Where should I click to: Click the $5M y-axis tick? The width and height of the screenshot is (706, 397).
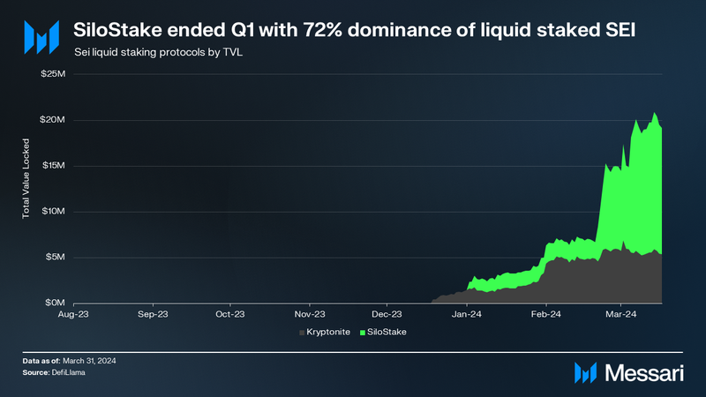pyautogui.click(x=56, y=257)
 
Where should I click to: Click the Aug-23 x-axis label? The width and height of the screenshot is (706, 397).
pyautogui.click(x=72, y=313)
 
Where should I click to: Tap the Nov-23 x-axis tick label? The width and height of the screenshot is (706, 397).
pyautogui.click(x=309, y=313)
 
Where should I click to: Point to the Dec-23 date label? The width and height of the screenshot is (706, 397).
pyautogui.click(x=387, y=313)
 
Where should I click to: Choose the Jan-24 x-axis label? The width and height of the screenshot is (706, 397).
pyautogui.click(x=467, y=313)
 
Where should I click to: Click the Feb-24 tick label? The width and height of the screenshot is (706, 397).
pyautogui.click(x=546, y=313)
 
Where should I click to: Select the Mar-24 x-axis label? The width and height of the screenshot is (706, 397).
pyautogui.click(x=621, y=313)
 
